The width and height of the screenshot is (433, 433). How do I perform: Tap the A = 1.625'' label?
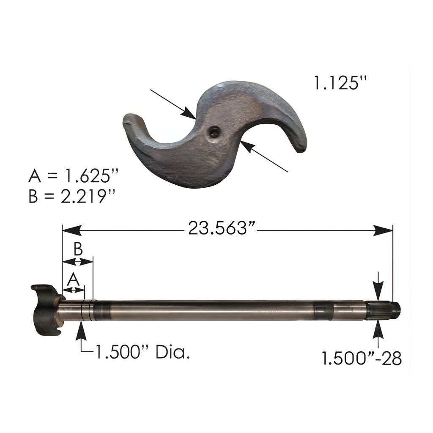coord(74,176)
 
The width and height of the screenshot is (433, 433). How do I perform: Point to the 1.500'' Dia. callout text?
coord(143,352)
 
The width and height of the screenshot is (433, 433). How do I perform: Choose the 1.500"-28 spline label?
coord(362,359)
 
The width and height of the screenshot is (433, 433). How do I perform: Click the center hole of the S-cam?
coord(214,132)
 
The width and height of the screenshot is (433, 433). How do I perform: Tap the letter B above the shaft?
coord(78,249)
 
